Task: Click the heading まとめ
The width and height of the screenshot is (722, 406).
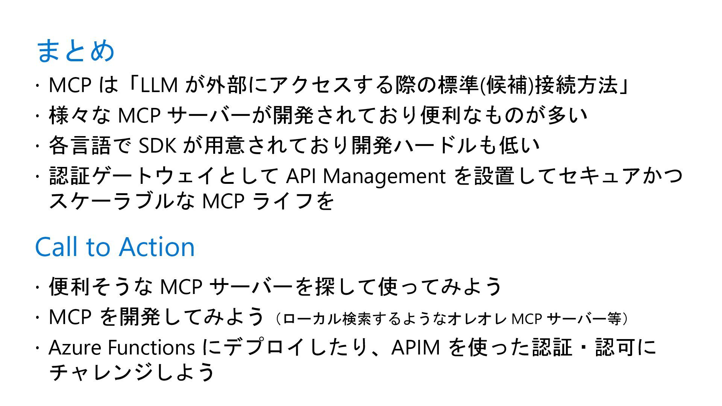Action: click(x=75, y=50)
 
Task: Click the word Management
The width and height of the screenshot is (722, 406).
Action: click(x=384, y=176)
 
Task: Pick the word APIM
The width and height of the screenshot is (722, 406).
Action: click(x=416, y=347)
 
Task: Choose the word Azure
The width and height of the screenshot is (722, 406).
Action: click(x=75, y=347)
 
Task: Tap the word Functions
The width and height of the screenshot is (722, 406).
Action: click(x=151, y=347)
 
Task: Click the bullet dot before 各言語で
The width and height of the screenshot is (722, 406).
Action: click(x=38, y=146)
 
